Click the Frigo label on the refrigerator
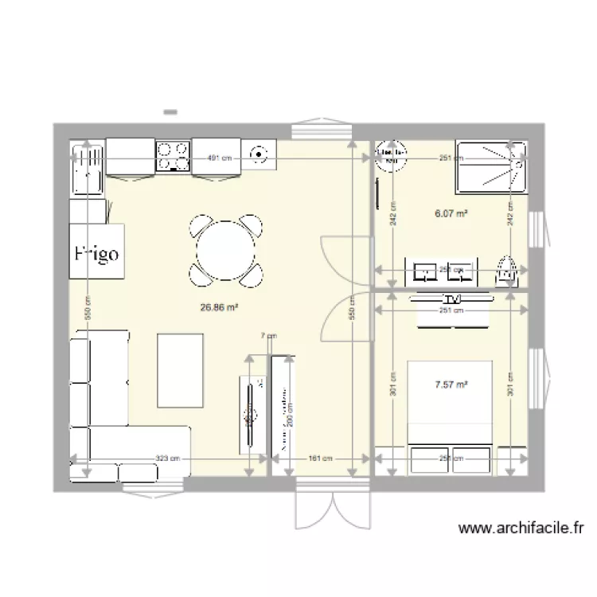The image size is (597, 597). coord(96,254)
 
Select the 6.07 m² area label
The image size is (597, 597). coord(450,213)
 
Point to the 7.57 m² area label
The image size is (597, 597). coord(451,384)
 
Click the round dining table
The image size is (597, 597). coord(226,251)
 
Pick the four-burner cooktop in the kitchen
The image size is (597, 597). coord(173,156)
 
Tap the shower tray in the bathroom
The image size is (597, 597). coord(490,166)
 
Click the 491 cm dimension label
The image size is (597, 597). coord(220,158)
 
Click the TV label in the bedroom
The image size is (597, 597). coord(453,299)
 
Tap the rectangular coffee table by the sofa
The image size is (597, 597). coord(181,369)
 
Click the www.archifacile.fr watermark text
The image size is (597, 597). coord(523,528)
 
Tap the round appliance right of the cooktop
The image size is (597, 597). coord(259,155)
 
